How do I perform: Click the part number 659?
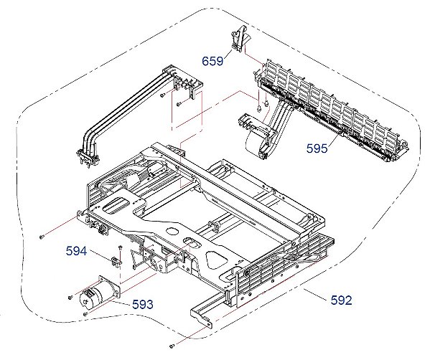[212, 61]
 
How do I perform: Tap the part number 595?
[317, 148]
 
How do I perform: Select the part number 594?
[76, 251]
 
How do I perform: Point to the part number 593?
[143, 304]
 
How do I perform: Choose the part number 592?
[342, 300]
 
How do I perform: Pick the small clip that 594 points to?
[116, 261]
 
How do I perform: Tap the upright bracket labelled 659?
[239, 39]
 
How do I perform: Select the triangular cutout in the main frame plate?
[218, 260]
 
